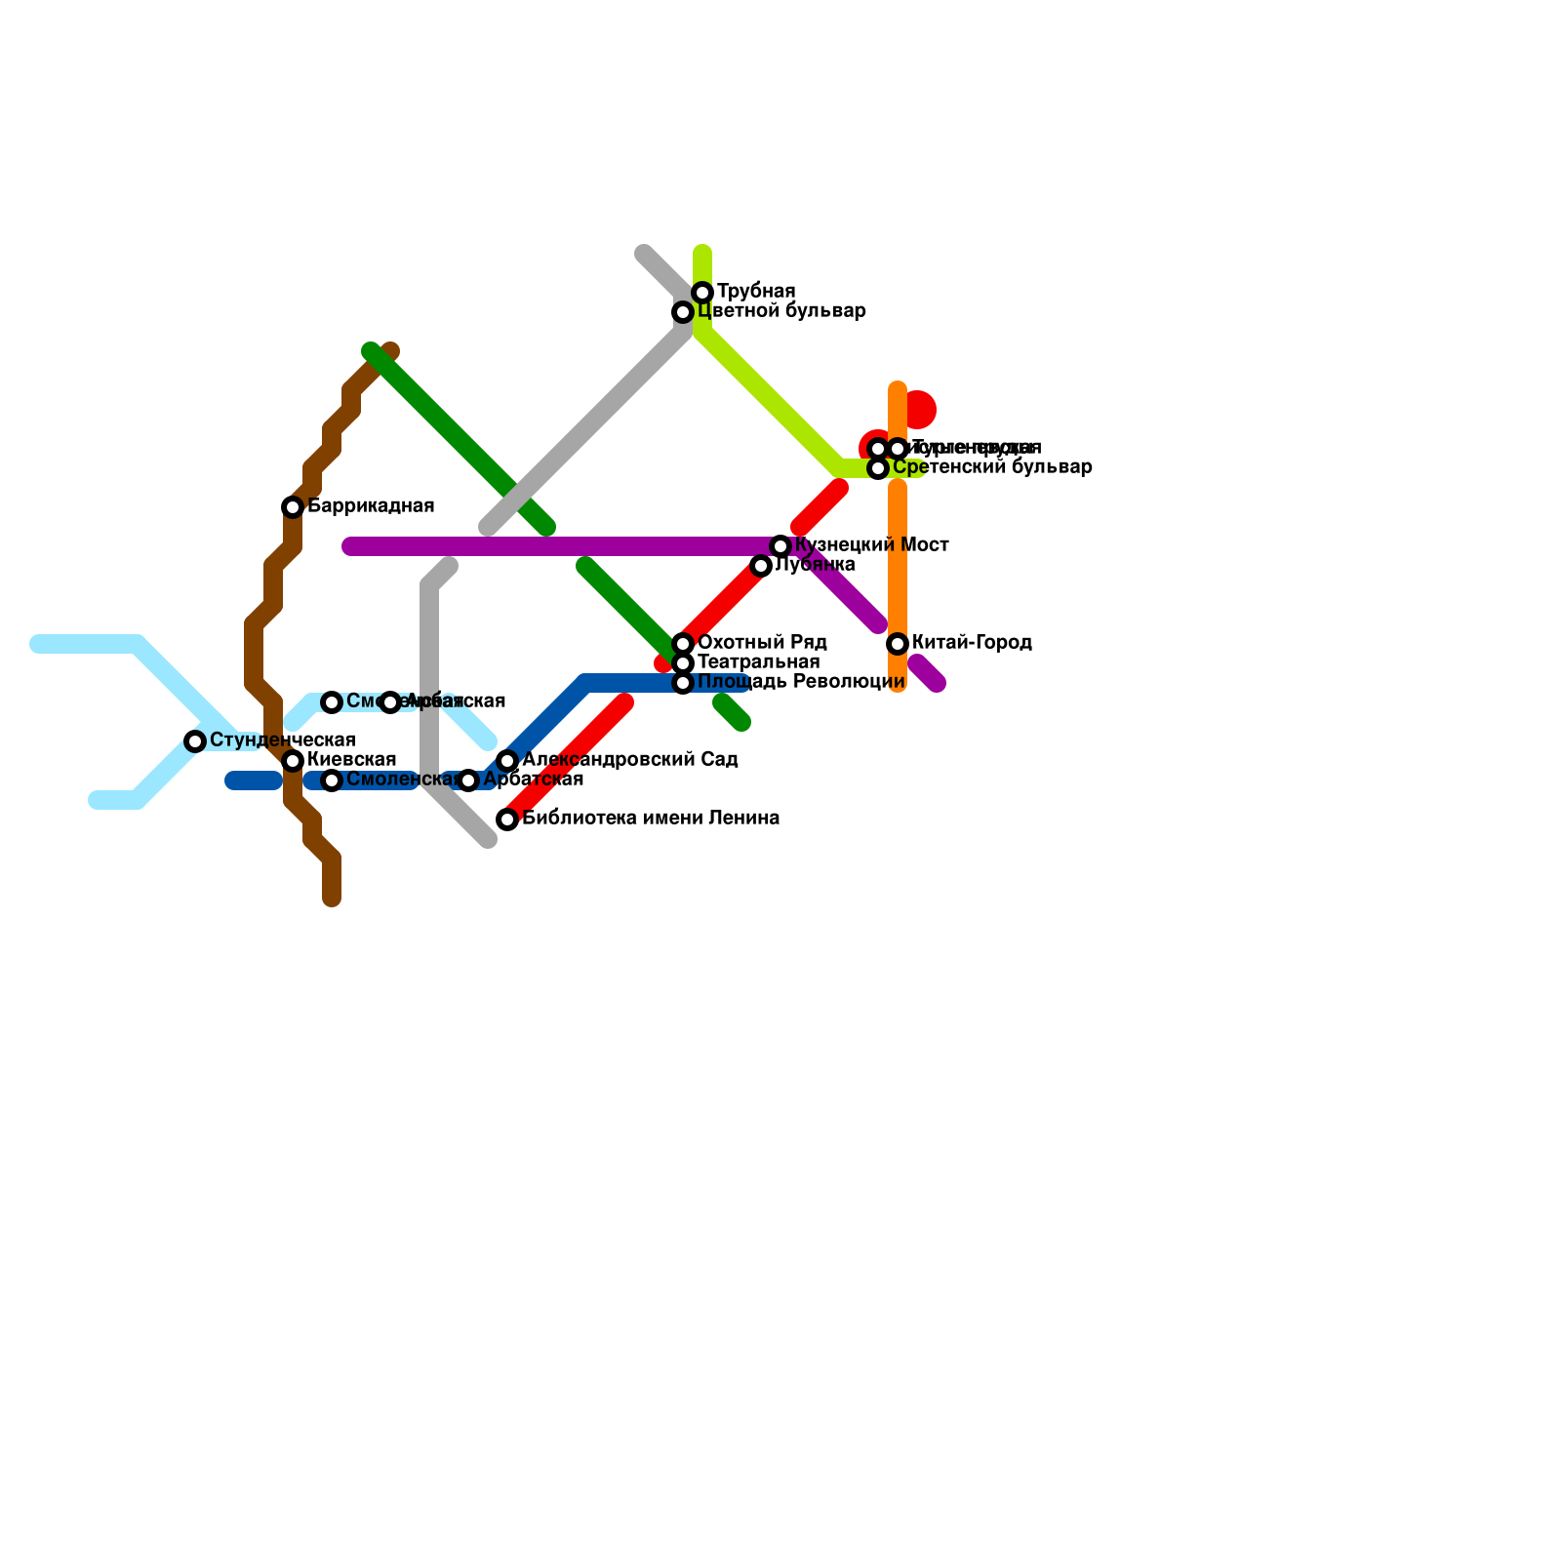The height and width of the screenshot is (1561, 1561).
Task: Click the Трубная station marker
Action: (702, 293)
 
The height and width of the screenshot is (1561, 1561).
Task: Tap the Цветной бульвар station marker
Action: (683, 312)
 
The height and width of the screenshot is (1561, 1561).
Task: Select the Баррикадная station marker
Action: (293, 507)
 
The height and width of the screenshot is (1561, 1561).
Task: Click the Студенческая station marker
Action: (195, 741)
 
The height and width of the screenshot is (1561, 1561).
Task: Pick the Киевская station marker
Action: (293, 761)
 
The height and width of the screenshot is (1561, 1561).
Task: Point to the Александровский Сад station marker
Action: (507, 761)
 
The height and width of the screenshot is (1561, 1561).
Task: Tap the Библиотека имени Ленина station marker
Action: (507, 820)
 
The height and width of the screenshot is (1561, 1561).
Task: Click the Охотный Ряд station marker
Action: (683, 644)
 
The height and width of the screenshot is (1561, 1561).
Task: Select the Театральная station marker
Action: (683, 663)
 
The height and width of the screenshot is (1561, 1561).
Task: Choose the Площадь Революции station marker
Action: (683, 683)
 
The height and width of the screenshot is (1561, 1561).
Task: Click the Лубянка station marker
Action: (761, 566)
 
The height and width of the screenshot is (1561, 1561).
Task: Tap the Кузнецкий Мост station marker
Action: (780, 546)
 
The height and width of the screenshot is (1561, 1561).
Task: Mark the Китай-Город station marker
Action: (898, 644)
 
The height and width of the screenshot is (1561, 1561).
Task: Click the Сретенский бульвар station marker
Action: (878, 468)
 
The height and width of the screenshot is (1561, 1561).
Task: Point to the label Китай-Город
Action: (972, 643)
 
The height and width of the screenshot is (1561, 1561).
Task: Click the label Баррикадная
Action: (371, 506)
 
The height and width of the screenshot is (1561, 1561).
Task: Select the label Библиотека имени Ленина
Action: (651, 819)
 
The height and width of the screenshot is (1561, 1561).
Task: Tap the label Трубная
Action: (756, 292)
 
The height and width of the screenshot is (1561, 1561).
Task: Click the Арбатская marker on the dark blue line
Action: (468, 780)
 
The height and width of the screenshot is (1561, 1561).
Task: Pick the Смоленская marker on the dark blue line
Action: (332, 780)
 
